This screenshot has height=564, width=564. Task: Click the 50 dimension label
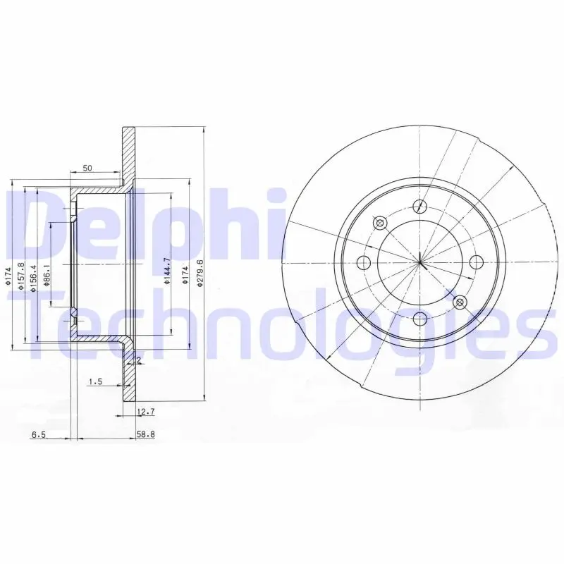coord(87,168)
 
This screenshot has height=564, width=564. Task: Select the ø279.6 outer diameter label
coord(201,274)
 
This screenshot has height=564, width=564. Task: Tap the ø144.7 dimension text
coord(166,271)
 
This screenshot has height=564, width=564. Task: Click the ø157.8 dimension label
coord(21,276)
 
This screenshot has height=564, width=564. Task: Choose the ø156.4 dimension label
coord(34,278)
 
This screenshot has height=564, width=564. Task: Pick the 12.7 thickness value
coord(146,412)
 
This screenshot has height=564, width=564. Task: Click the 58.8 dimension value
coord(146,434)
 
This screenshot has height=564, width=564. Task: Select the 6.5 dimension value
coord(39,435)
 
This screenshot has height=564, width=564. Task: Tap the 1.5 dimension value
coord(96,381)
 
